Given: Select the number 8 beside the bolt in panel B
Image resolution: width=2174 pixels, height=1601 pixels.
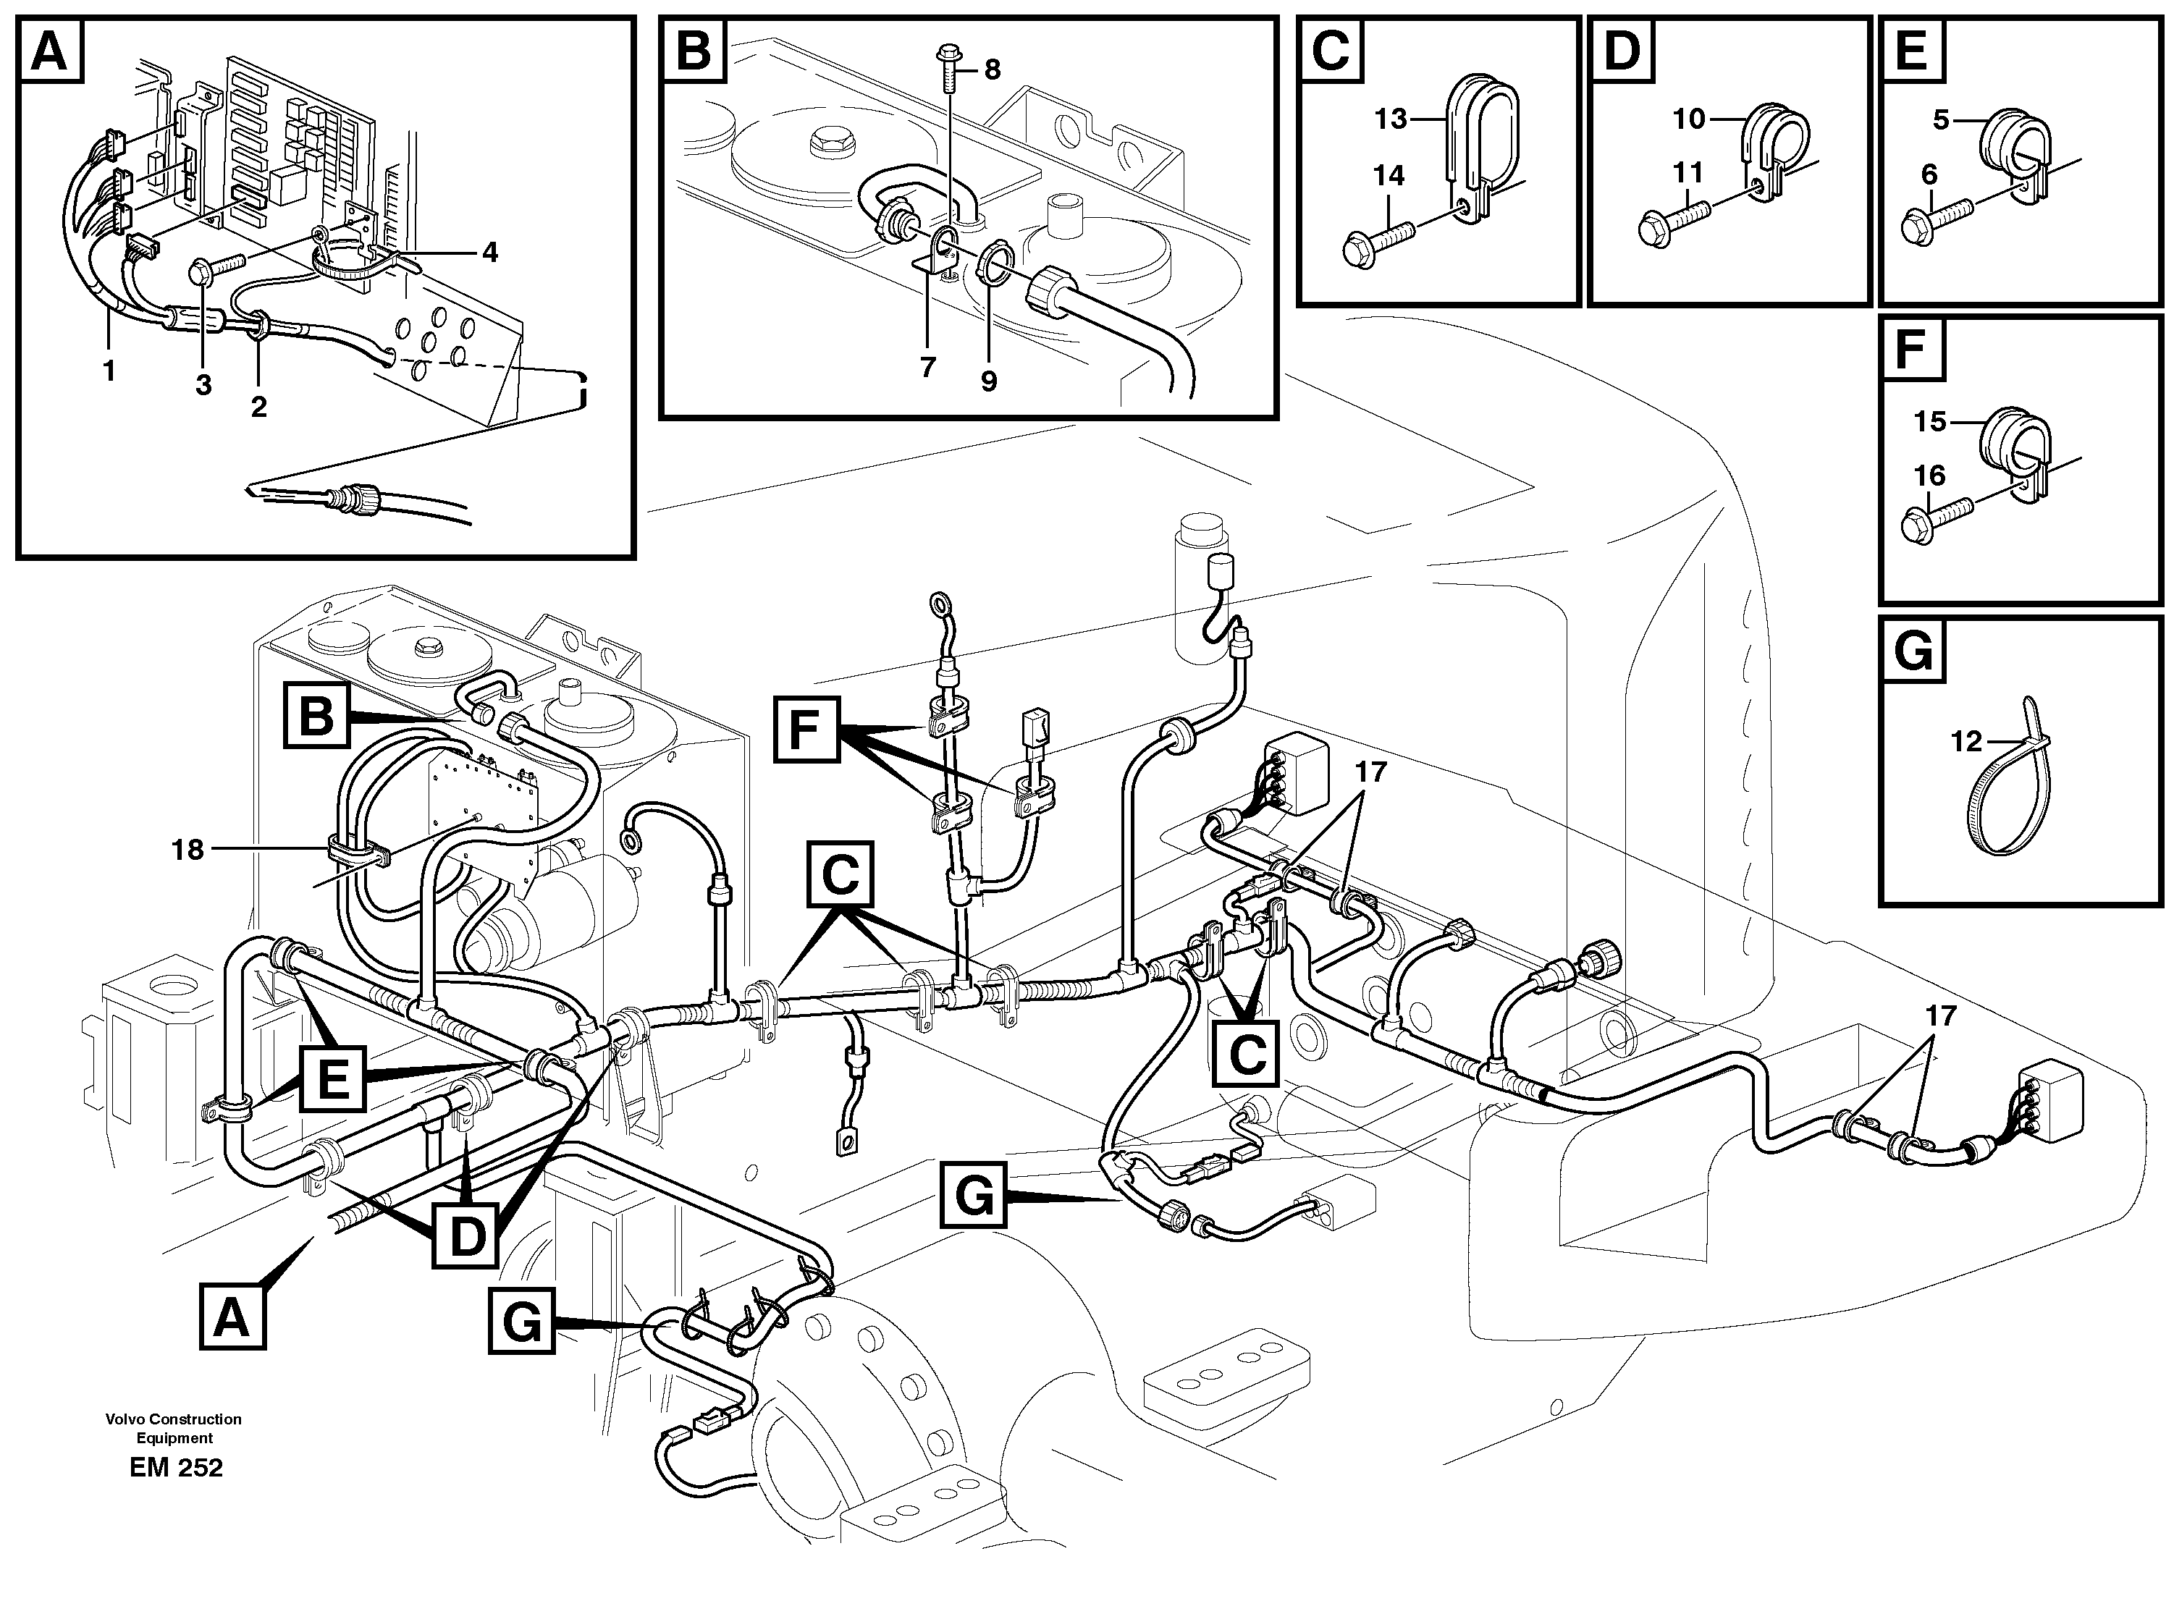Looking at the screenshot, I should point(992,69).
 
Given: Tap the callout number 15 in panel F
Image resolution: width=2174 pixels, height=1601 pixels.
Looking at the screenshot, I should point(1930,421).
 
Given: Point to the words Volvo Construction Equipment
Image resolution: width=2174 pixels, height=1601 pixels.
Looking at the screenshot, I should point(174,1427).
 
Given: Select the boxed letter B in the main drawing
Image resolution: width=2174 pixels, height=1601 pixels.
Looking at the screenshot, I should point(316,715).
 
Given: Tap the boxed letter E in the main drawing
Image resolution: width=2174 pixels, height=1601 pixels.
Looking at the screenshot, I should point(334,1078).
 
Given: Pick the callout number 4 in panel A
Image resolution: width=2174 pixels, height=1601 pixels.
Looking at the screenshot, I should point(489,253).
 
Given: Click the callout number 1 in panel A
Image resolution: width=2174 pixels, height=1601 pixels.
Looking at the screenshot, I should point(109,369).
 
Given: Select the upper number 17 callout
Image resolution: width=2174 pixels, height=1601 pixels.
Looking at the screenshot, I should point(1370,772).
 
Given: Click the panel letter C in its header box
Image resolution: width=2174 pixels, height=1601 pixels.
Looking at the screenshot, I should point(1332,51).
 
